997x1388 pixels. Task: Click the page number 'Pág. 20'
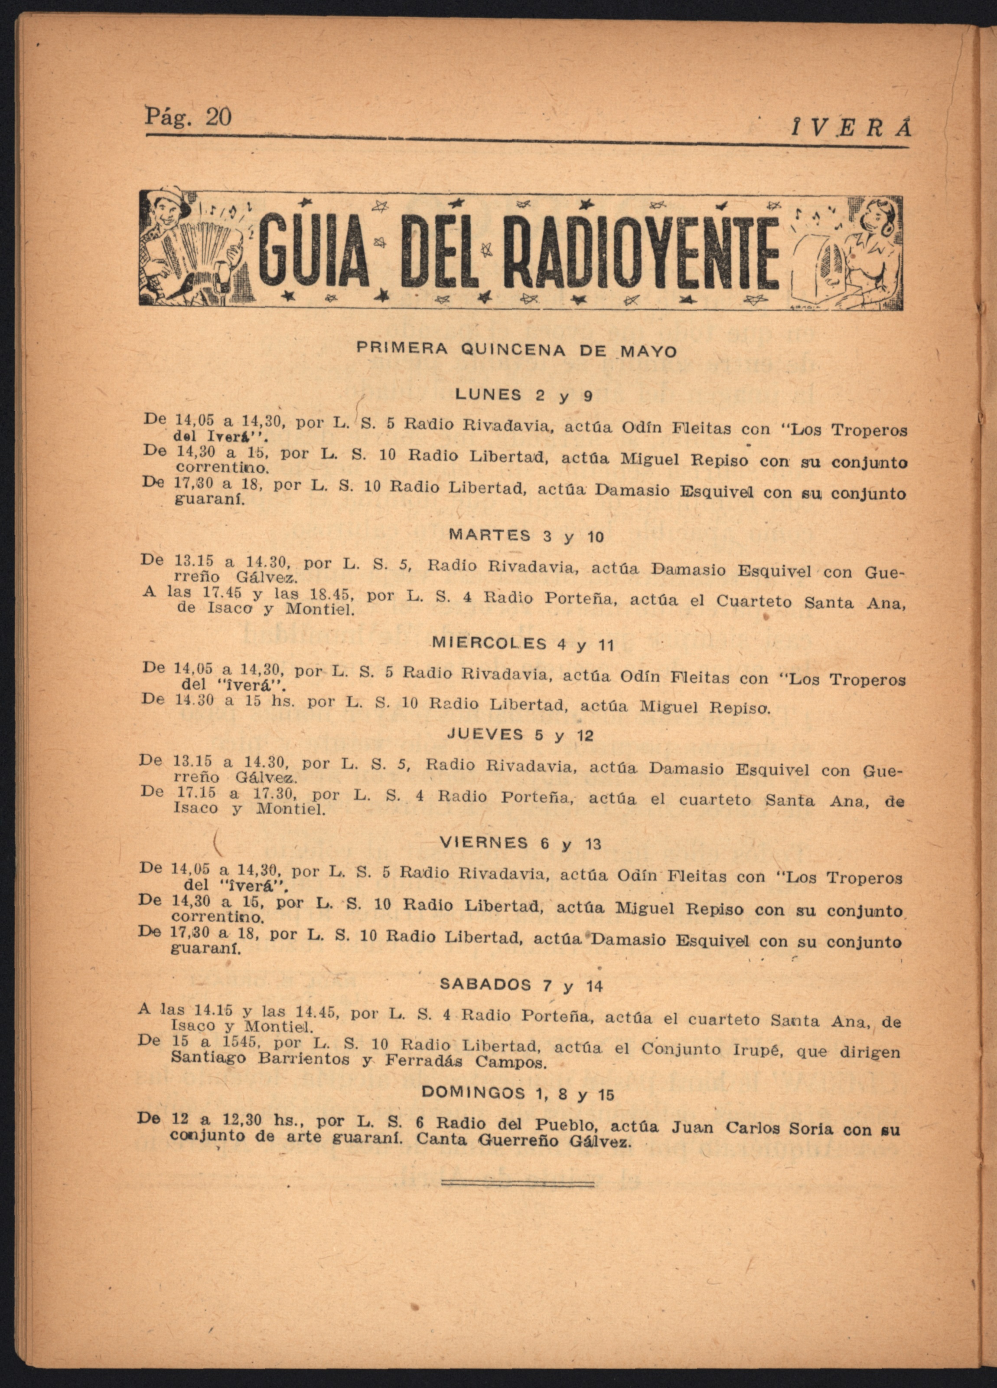point(188,116)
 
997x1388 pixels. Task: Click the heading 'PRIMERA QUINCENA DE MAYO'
point(517,350)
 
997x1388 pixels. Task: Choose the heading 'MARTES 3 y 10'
point(526,536)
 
